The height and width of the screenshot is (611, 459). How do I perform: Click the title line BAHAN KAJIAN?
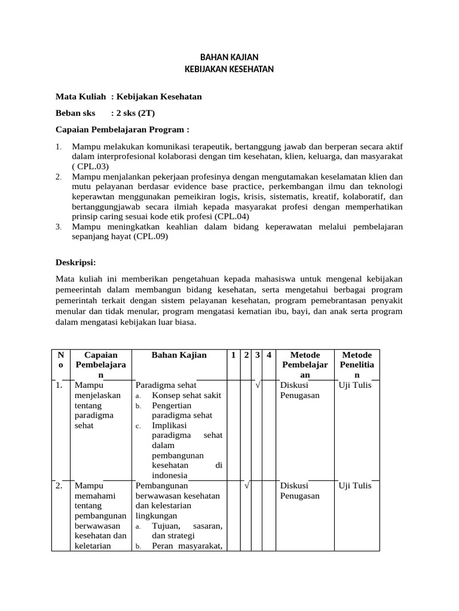[229, 57]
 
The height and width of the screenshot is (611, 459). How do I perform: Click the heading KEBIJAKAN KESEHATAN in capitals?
[229, 69]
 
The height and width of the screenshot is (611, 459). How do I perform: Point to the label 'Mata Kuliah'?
[81, 97]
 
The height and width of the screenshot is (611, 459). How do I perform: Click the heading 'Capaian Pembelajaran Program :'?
[122, 128]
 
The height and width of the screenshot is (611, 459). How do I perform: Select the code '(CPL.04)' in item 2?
[233, 216]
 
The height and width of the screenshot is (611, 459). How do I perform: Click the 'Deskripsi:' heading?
[75, 262]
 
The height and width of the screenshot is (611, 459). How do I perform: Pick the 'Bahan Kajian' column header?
[179, 355]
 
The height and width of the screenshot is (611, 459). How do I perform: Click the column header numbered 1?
[233, 355]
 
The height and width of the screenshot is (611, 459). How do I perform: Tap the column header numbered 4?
[269, 355]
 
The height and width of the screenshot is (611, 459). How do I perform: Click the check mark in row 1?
[257, 385]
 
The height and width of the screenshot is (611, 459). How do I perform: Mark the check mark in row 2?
[246, 486]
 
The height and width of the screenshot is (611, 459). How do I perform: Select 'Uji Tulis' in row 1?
[355, 385]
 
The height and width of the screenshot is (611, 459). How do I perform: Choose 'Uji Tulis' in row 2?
[355, 486]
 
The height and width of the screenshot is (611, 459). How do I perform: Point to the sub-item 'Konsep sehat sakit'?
[186, 395]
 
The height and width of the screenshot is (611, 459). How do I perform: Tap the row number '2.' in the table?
[59, 486]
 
